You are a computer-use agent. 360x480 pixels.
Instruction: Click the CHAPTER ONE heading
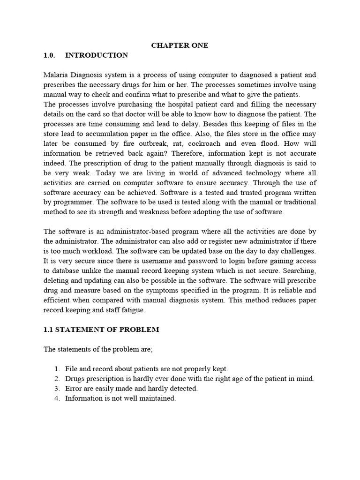coord(180,45)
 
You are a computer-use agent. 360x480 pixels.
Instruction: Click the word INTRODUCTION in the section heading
coord(96,55)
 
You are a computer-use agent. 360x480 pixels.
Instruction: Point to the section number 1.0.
coord(49,55)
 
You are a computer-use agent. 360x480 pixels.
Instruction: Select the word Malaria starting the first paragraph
coord(55,75)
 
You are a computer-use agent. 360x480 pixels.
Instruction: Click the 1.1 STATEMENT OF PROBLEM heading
coord(101,330)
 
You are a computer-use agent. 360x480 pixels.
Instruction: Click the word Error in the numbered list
coord(73,389)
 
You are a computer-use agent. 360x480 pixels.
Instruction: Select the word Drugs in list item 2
coord(75,379)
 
